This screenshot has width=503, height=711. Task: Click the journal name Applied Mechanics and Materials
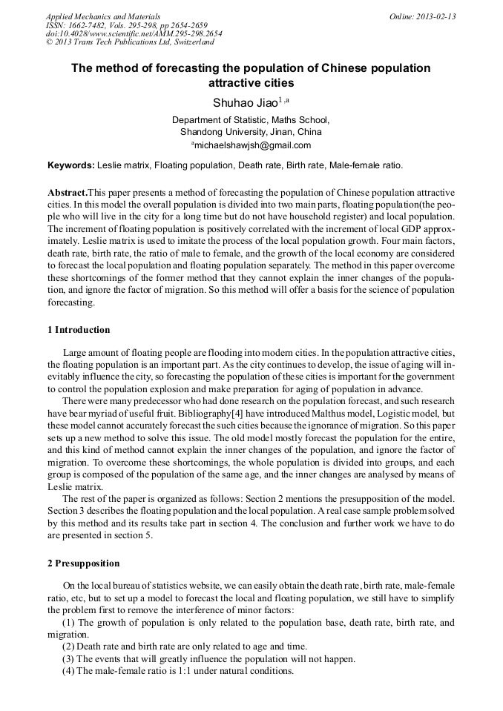(x=103, y=16)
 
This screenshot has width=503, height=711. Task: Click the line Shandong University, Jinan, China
(x=251, y=132)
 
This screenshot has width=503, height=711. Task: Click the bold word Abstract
(x=68, y=192)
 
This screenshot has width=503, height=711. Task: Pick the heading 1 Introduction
(x=78, y=330)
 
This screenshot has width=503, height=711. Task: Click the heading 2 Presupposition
(x=82, y=563)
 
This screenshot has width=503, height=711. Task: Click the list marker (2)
(x=68, y=646)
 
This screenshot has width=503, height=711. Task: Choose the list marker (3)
(x=68, y=659)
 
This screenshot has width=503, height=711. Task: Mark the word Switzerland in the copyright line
(x=192, y=43)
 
